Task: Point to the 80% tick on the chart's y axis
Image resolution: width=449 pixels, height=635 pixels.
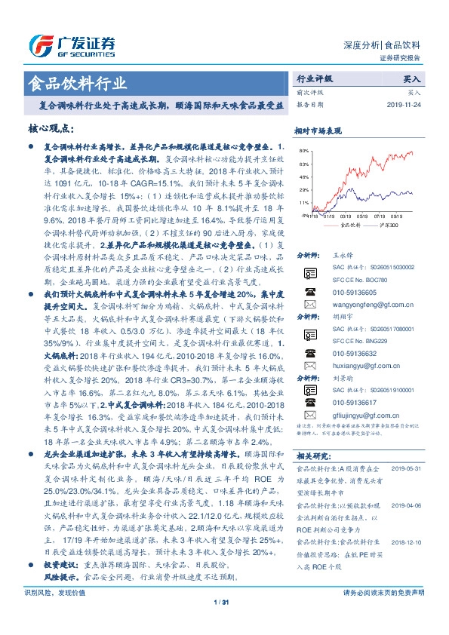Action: tap(303, 151)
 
